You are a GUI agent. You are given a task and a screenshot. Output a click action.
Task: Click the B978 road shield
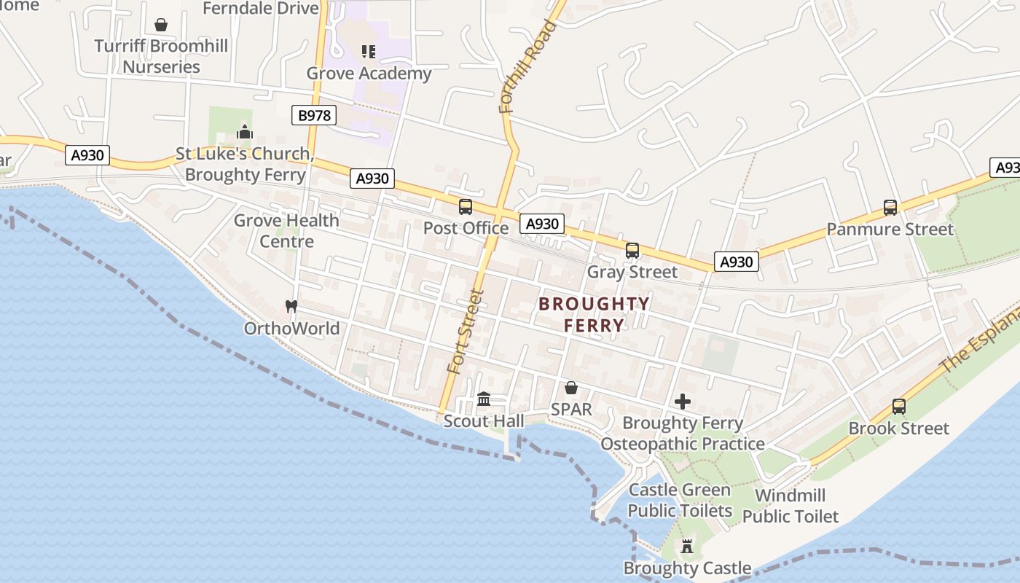click(314, 115)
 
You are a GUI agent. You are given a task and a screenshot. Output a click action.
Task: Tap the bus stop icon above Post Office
click(466, 207)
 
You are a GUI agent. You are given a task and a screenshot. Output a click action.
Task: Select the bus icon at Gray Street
click(632, 251)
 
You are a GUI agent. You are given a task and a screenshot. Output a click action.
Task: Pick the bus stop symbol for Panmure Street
click(890, 208)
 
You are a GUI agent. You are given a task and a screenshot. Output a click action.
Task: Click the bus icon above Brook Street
click(899, 407)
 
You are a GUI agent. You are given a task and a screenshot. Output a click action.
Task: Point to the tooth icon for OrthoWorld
click(291, 307)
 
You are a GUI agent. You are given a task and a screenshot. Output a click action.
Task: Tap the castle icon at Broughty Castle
click(686, 546)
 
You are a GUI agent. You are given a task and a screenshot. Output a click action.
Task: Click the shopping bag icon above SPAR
click(571, 388)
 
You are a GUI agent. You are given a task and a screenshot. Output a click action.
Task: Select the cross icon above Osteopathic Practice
click(683, 402)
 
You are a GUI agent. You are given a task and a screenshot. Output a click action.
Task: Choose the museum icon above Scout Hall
click(484, 399)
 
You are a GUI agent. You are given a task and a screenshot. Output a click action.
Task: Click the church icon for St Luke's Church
click(245, 133)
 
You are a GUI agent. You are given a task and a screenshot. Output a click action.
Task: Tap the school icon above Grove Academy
click(369, 52)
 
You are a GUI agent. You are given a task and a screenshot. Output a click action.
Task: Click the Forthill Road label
click(528, 67)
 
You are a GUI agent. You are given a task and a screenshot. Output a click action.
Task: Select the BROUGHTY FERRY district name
click(594, 314)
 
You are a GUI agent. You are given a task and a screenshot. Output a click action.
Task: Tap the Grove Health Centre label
click(286, 230)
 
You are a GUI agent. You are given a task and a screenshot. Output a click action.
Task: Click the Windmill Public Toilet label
click(790, 506)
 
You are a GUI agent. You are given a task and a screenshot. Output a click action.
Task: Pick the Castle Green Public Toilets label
click(680, 500)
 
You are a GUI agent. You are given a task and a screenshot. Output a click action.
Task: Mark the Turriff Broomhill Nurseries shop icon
click(161, 26)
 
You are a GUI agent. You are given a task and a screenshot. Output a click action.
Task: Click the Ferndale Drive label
click(261, 9)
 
